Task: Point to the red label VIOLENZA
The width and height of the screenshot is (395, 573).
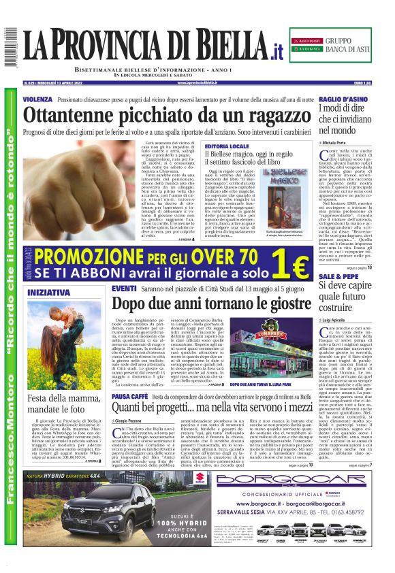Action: (x=37, y=99)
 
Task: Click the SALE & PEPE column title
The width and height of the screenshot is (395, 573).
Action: (x=336, y=277)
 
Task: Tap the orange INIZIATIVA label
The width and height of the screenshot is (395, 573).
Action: (x=48, y=293)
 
